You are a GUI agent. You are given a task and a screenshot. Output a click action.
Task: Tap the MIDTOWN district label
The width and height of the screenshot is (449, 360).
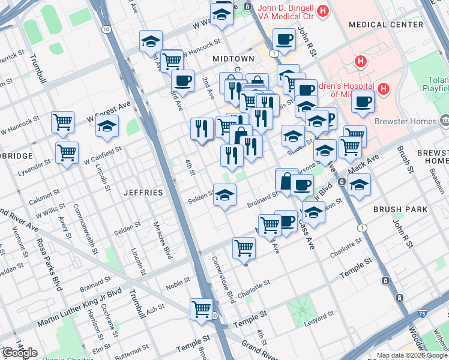(x=234, y=59)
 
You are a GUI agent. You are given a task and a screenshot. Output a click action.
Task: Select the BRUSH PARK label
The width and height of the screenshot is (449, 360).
(x=400, y=209)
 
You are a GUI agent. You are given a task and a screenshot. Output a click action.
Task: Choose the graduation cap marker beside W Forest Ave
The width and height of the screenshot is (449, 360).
(x=107, y=126)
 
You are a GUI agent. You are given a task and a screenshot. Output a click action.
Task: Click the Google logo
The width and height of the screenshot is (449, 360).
(x=20, y=353)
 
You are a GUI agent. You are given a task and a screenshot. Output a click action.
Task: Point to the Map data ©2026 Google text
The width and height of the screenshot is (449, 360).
(x=411, y=355)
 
